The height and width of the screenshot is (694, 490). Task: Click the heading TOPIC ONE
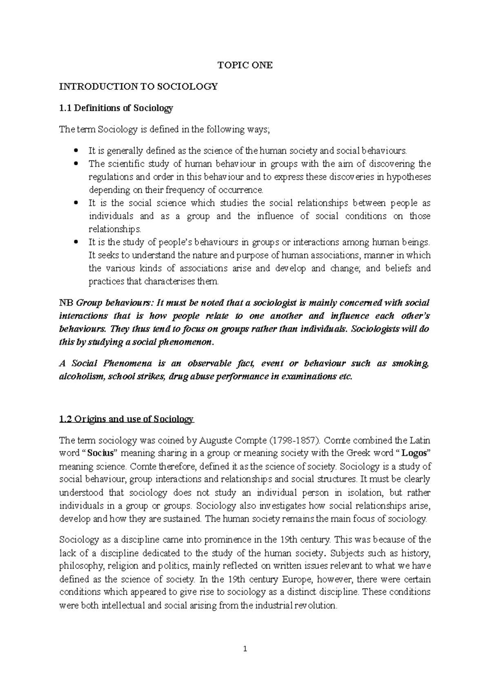click(245, 65)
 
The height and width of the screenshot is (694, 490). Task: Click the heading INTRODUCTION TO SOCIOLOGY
click(138, 87)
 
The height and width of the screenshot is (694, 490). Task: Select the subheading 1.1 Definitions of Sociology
click(116, 108)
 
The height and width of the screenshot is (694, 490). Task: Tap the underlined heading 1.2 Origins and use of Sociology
click(127, 419)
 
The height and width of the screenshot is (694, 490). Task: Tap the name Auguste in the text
click(215, 441)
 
